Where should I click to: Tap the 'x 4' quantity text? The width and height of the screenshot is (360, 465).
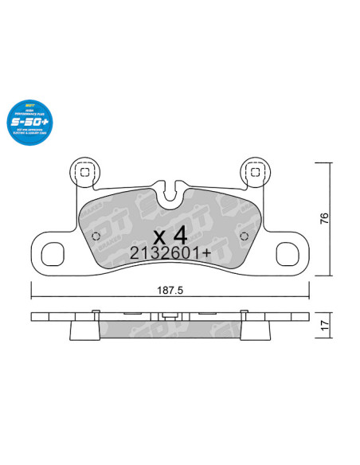[x=169, y=236]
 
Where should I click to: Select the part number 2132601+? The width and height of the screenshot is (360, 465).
[x=169, y=254]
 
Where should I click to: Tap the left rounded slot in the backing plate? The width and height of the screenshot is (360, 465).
[x=53, y=253]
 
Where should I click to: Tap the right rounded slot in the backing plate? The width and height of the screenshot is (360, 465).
[x=285, y=253]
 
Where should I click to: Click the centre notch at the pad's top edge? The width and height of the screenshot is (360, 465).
[x=169, y=192]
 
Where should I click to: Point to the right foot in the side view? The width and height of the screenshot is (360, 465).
[x=253, y=328]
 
